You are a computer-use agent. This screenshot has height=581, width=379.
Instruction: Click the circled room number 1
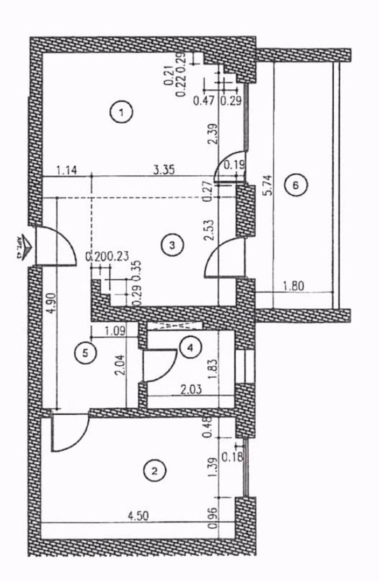point(122,113)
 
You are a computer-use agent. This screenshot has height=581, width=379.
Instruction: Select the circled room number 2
point(155,471)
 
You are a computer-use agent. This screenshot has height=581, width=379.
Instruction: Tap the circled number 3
point(172,245)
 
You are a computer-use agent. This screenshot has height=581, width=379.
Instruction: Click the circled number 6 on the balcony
point(295,185)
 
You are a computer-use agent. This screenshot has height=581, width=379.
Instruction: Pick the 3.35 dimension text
point(163,171)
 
